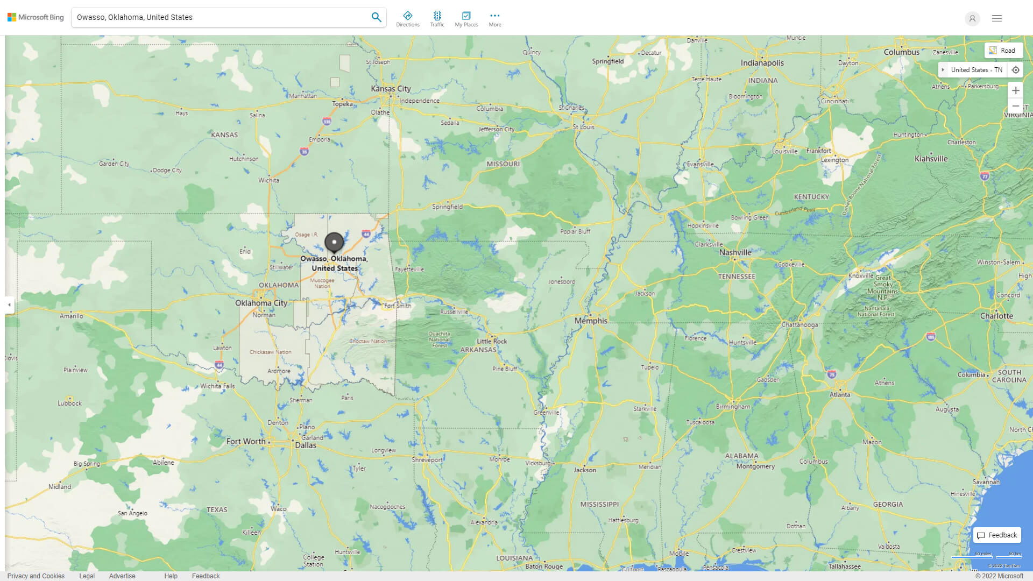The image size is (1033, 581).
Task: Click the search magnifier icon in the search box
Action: tap(376, 17)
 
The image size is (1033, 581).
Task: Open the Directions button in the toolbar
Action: tap(407, 19)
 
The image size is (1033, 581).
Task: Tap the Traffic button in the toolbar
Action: tap(437, 19)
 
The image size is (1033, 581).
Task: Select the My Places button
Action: tap(466, 19)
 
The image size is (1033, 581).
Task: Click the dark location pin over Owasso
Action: tap(334, 243)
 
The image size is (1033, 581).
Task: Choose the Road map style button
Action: tap(1003, 51)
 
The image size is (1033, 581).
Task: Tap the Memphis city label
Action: tap(590, 321)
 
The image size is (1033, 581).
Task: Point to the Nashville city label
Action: tap(735, 252)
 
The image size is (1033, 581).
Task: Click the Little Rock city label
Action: tap(491, 341)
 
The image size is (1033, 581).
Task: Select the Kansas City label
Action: tap(391, 89)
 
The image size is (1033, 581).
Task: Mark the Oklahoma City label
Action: tap(261, 303)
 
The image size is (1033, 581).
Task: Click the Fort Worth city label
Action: tap(246, 441)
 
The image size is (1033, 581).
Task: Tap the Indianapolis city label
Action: tap(762, 63)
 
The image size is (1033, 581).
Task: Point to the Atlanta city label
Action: tap(839, 394)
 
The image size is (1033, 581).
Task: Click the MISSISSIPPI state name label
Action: tap(599, 504)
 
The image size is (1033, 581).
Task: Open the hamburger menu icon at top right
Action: tap(996, 18)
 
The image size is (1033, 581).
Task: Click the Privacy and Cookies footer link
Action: tap(36, 576)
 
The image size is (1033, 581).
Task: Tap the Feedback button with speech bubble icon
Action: tap(997, 535)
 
